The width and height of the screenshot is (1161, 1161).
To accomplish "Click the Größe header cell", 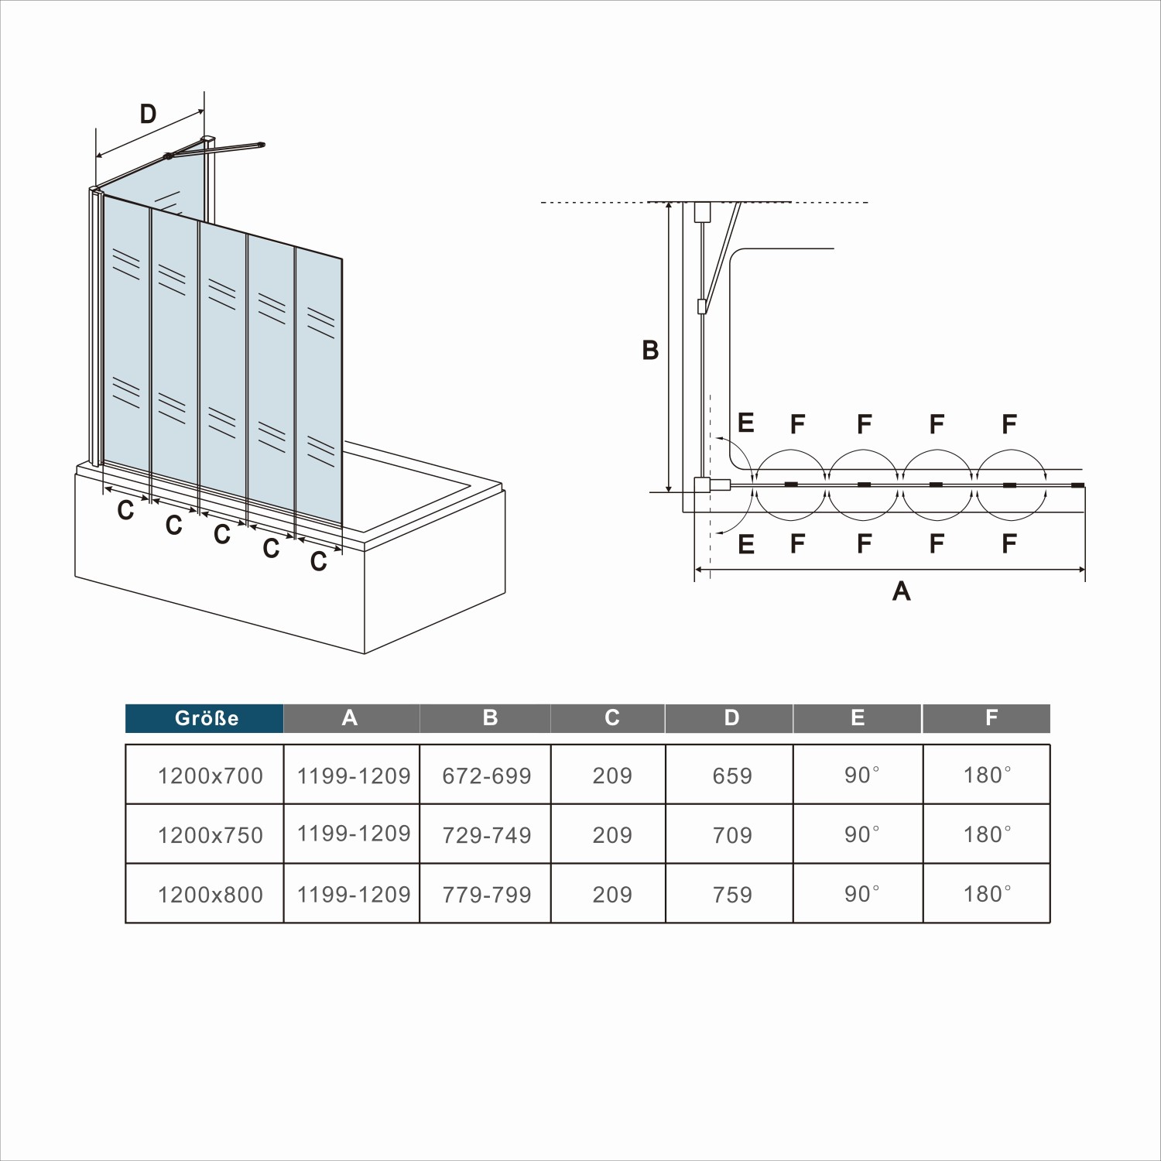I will (205, 718).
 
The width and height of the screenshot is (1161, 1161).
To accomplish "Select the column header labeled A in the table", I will (350, 718).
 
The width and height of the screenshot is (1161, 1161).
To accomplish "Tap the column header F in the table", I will (991, 718).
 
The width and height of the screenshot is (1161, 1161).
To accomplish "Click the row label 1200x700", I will (210, 776).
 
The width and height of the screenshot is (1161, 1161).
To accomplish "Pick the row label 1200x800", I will (210, 895).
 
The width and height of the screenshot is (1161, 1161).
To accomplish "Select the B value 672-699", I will (487, 776).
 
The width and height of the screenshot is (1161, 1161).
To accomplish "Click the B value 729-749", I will (487, 835).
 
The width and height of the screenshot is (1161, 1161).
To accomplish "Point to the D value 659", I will (731, 776).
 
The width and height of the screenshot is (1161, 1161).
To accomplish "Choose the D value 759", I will (731, 895).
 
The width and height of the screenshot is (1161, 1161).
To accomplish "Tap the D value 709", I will (731, 835).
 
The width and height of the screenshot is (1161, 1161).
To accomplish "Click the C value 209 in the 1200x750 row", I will (612, 835).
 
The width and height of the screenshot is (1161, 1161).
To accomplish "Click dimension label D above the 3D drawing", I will (148, 115).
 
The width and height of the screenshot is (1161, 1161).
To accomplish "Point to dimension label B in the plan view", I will (650, 351).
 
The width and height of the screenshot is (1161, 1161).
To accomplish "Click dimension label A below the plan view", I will (901, 591).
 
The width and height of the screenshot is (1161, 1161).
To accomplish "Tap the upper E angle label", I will (746, 423).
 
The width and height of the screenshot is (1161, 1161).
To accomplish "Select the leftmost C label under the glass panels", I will (125, 511).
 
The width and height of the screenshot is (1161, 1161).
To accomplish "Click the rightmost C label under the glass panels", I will (318, 561).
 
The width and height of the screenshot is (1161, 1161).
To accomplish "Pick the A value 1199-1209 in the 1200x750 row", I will (354, 834).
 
